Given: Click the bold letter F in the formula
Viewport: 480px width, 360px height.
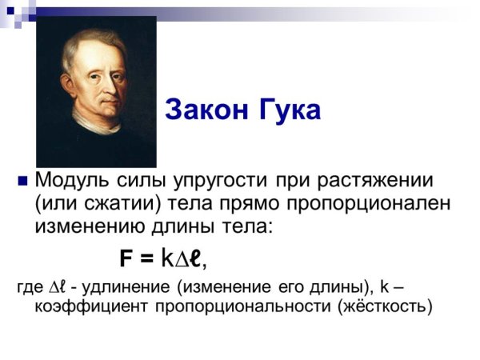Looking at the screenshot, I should click(x=126, y=258).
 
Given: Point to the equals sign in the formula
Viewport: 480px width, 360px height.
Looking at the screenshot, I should click(x=145, y=258).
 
